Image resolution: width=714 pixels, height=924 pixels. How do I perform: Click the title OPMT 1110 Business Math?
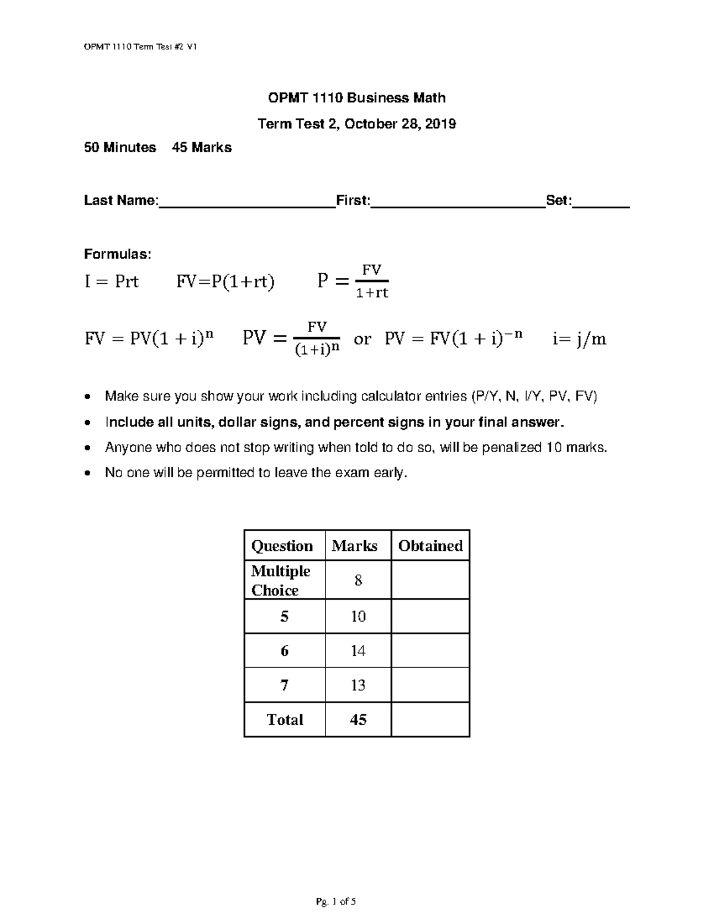[x=356, y=98]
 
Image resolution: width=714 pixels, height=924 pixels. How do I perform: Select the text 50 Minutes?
[x=120, y=148]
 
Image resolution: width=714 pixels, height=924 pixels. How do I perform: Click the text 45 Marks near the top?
[x=202, y=148]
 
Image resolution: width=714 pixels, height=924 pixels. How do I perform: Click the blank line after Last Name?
[x=247, y=202]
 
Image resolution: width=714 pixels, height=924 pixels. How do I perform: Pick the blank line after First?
[x=458, y=202]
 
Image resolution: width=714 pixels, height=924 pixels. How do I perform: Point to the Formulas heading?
[x=117, y=254]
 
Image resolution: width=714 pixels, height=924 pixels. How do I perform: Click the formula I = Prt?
[x=111, y=281]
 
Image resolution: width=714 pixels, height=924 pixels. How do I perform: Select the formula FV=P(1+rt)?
[x=226, y=281]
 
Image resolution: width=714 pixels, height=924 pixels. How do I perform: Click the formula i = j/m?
[x=579, y=339]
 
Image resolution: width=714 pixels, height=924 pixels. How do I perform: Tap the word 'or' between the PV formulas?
[x=362, y=339]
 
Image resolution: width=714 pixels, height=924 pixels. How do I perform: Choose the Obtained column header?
[x=430, y=546]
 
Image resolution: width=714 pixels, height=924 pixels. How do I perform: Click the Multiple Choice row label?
[x=280, y=580]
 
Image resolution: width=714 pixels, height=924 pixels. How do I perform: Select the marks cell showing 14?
[x=358, y=651]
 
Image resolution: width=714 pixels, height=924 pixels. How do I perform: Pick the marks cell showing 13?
[x=358, y=685]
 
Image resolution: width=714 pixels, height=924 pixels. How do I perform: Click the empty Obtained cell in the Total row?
[x=430, y=720]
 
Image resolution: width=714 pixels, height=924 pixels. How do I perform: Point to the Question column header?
[x=282, y=546]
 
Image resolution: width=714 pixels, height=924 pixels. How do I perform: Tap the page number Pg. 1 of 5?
[x=336, y=901]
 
